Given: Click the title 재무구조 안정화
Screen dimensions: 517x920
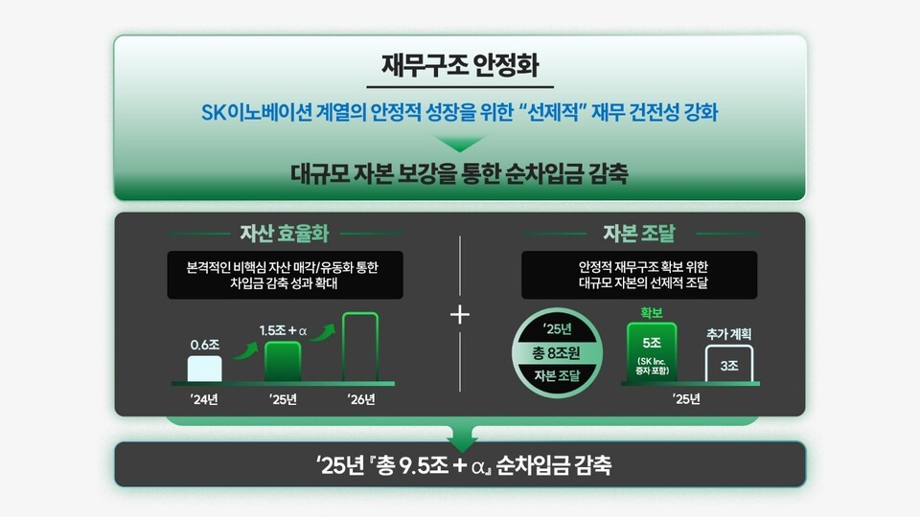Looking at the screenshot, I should pyautogui.click(x=459, y=68).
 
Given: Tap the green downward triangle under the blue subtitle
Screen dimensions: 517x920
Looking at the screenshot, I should pyautogui.click(x=459, y=145).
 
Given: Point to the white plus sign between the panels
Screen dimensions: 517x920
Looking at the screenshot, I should pyautogui.click(x=460, y=315).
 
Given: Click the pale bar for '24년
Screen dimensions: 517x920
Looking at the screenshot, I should pyautogui.click(x=205, y=370).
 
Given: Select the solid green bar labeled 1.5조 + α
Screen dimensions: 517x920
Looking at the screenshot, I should pyautogui.click(x=283, y=363).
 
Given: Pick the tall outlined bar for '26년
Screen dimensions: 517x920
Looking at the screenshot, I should pyautogui.click(x=360, y=348).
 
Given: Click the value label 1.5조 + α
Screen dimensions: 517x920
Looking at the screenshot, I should pyautogui.click(x=283, y=330).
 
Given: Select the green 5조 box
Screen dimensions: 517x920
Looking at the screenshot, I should pyautogui.click(x=652, y=351).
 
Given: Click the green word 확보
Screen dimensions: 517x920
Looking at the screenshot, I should pyautogui.click(x=651, y=312).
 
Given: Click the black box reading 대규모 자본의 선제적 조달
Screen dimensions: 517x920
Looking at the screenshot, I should pyautogui.click(x=640, y=275).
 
